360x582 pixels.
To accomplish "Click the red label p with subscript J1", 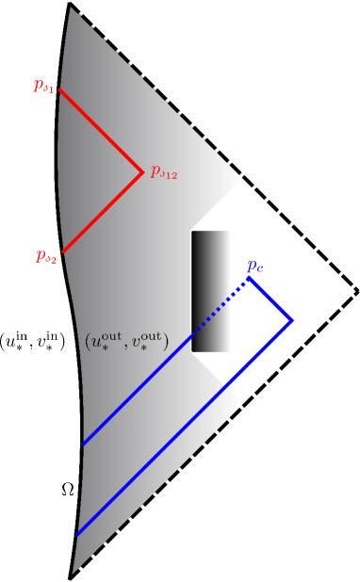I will pos(44,86).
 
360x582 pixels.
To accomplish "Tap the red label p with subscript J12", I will pos(164,174).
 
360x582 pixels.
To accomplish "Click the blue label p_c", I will pos(254,267).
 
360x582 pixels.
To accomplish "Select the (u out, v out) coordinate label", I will pos(126,341).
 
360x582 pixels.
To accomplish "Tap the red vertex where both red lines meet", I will pos(142,172).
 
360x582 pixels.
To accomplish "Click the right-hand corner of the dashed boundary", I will pos(357,290).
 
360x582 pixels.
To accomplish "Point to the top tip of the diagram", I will pos(70,4).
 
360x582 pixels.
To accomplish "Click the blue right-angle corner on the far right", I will pos(292,320).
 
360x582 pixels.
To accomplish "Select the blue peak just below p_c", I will pos(249,278).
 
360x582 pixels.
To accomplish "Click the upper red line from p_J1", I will pos(102,132).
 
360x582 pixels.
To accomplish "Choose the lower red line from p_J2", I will pos(102,213).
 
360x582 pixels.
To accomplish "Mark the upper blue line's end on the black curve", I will pos(83,444).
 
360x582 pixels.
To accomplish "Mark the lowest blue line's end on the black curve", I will pos(76,534).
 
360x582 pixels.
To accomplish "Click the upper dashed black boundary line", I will pos(212,146).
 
